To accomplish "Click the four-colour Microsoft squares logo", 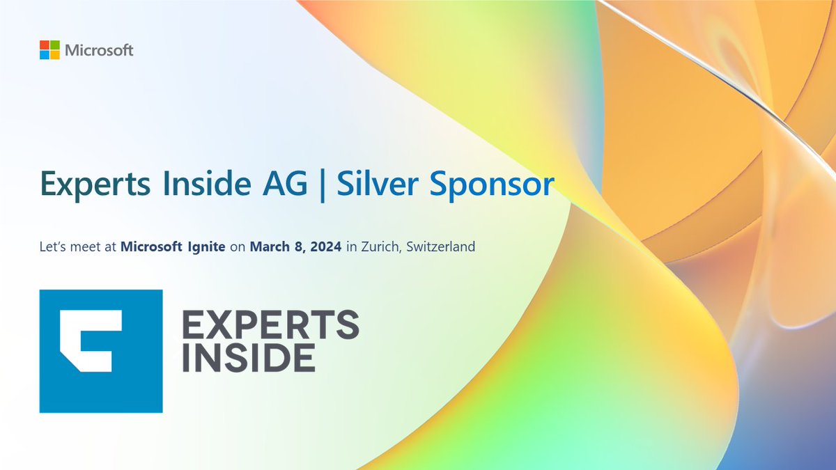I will pyautogui.click(x=49, y=50).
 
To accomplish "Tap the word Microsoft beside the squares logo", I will pyautogui.click(x=99, y=51).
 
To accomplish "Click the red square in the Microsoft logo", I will pyautogui.click(x=45, y=45).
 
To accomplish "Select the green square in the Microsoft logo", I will pyautogui.click(x=54, y=45).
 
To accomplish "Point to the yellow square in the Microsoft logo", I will pyautogui.click(x=54, y=55).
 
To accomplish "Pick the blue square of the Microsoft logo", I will pyautogui.click(x=45, y=55).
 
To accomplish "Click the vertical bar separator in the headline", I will pyautogui.click(x=323, y=185).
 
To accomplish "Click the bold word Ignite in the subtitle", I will pyautogui.click(x=203, y=247).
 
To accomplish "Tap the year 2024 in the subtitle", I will pyautogui.click(x=325, y=246).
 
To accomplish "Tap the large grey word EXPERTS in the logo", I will pyautogui.click(x=271, y=324).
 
